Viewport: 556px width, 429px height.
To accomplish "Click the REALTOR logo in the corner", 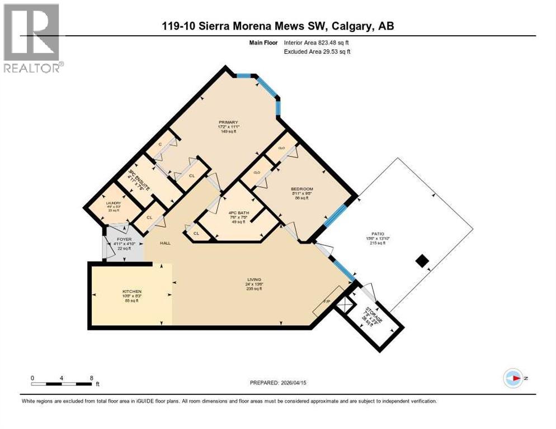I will click(33, 39).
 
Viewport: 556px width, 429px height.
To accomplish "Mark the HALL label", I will click(164, 243).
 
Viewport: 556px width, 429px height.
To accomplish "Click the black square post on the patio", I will click(423, 261).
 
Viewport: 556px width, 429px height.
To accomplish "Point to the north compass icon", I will click(513, 378).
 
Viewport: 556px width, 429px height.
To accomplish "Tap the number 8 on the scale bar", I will click(91, 378).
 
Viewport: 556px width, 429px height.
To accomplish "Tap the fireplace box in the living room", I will click(329, 302).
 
